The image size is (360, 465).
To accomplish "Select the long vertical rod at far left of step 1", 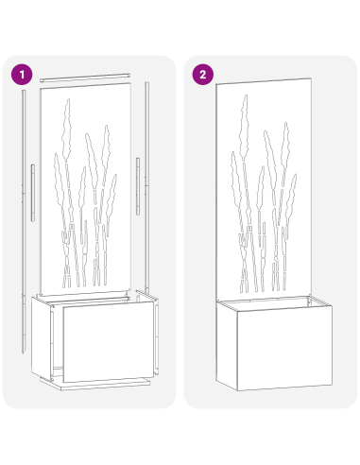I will [x=20, y=217].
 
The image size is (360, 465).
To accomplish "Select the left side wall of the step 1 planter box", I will [x=42, y=336].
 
